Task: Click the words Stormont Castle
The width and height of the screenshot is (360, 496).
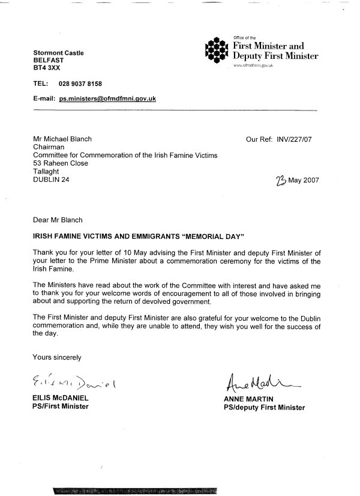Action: (58, 53)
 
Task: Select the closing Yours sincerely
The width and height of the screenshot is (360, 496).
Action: (57, 357)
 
